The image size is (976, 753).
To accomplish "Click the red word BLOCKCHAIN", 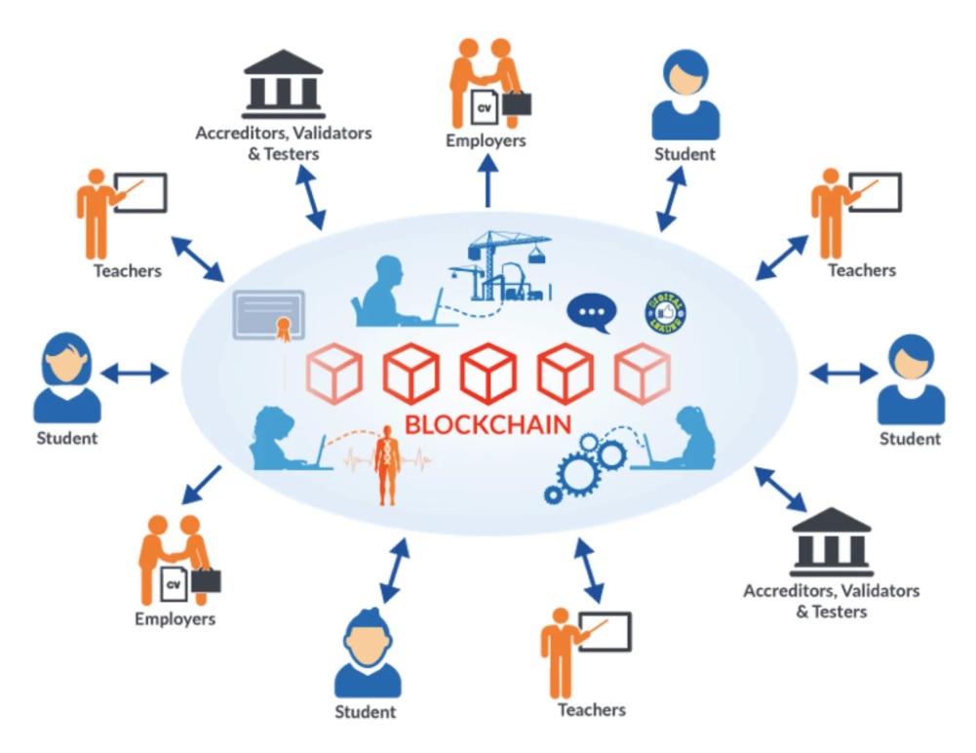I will pos(488,425).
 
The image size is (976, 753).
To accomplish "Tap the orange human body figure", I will pos(388,466).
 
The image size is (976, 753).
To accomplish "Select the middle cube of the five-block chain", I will pos(488,373).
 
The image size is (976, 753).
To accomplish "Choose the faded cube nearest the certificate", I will pos(334,373).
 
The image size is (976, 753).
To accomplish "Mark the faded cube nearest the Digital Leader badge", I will pos(643,373).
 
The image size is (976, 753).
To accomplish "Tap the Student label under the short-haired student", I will pos(366,711).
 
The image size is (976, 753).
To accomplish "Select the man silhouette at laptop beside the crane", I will pos(387,292).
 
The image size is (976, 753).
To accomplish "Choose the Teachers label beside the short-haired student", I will pos(591,709).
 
